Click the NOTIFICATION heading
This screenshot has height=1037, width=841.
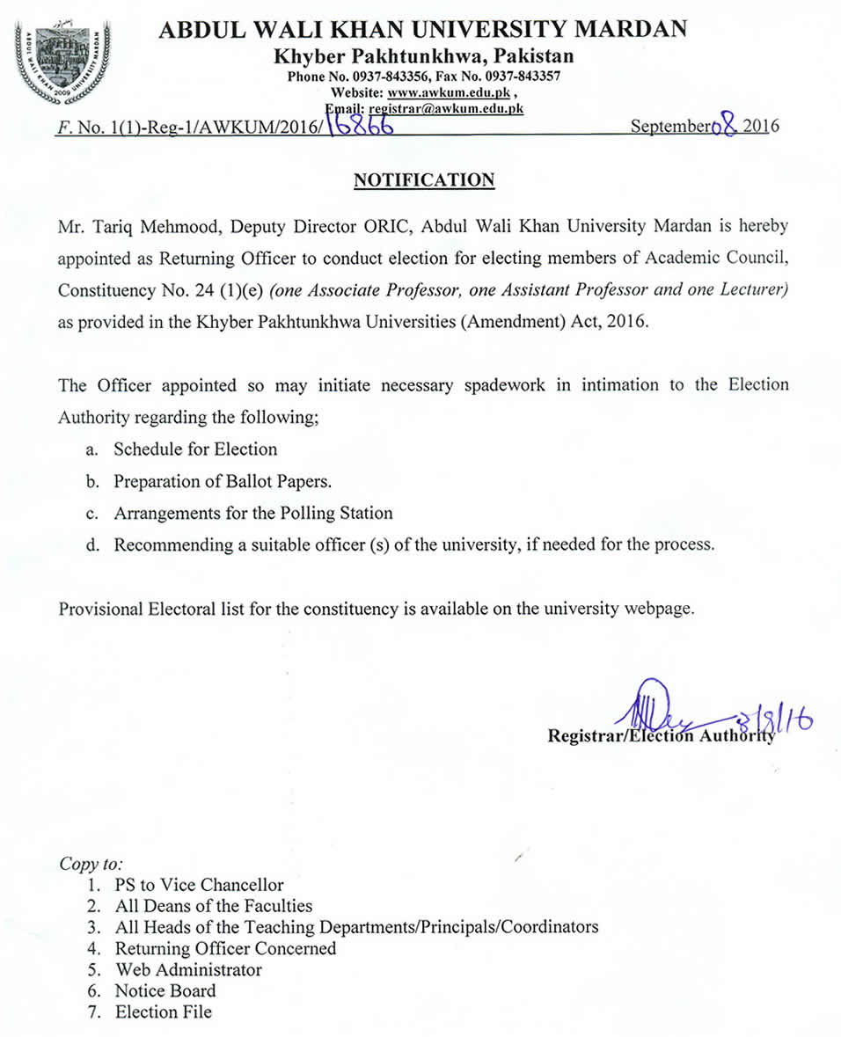[x=424, y=180]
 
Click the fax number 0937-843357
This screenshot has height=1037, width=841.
[x=524, y=77]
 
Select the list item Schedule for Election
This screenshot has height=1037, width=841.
[x=195, y=449]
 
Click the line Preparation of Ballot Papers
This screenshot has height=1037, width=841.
[x=223, y=481]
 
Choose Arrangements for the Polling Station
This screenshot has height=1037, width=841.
[x=253, y=513]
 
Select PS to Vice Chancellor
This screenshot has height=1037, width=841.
[x=200, y=885]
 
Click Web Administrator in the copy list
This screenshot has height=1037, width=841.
[x=188, y=969]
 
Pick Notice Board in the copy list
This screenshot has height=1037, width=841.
[x=165, y=990]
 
